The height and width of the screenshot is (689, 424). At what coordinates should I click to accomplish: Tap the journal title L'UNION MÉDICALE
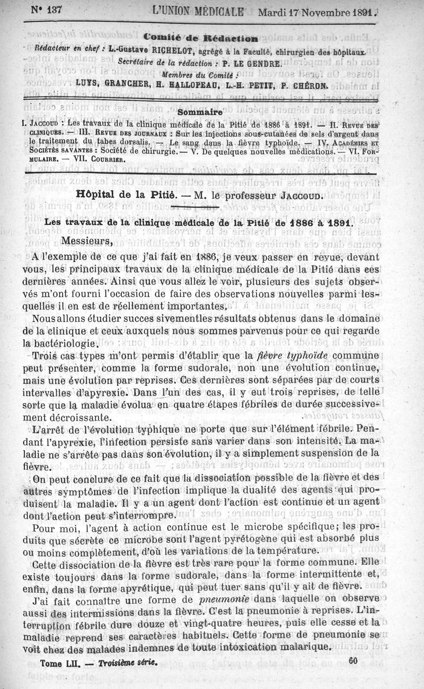[198, 11]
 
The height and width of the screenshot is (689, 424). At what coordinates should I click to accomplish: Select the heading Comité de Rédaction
[200, 38]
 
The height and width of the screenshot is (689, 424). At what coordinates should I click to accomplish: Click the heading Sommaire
[200, 112]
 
